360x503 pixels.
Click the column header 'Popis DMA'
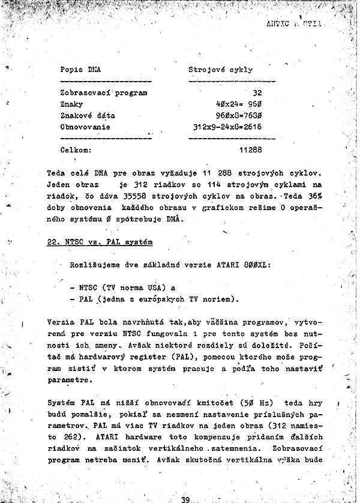pos(80,70)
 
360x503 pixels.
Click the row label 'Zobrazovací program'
pos(104,93)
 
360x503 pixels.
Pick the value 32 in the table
pos(257,93)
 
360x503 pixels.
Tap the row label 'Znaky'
pos(71,104)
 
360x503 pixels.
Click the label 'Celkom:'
pos(76,149)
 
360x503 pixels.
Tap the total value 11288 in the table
pos(250,149)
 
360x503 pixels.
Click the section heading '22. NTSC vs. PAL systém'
pos(100,242)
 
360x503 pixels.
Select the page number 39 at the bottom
pos(185,499)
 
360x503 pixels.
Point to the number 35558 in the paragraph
pos(148,196)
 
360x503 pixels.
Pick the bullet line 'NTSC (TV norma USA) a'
pos(127,287)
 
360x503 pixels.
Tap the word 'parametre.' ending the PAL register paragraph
pos(70,379)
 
